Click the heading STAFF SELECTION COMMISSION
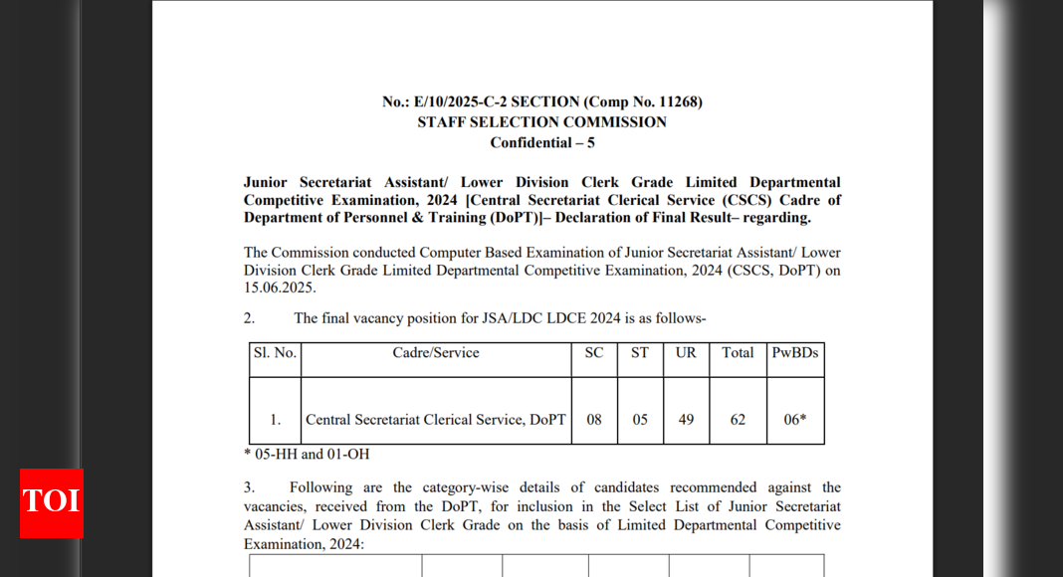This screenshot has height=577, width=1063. pyautogui.click(x=541, y=122)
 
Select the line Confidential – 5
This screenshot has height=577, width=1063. pyautogui.click(x=541, y=142)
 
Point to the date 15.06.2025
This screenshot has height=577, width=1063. pyautogui.click(x=279, y=288)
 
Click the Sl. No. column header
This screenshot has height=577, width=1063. pyautogui.click(x=275, y=353)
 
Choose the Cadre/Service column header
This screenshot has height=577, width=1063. pyautogui.click(x=436, y=353)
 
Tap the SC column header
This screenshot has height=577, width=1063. pyautogui.click(x=594, y=353)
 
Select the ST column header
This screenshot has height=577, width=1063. pyautogui.click(x=640, y=353)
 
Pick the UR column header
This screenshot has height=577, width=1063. pyautogui.click(x=686, y=353)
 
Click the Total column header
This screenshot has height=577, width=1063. pyautogui.click(x=738, y=353)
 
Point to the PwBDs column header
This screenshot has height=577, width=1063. pyautogui.click(x=795, y=353)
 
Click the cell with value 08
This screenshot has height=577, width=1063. pyautogui.click(x=594, y=420)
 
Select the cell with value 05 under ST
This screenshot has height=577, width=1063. pyautogui.click(x=640, y=420)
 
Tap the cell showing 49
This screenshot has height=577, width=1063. pyautogui.click(x=686, y=420)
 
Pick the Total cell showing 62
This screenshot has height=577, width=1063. pyautogui.click(x=738, y=420)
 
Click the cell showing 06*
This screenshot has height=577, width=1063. pyautogui.click(x=795, y=420)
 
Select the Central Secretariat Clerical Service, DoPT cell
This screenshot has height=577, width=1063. pyautogui.click(x=436, y=420)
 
